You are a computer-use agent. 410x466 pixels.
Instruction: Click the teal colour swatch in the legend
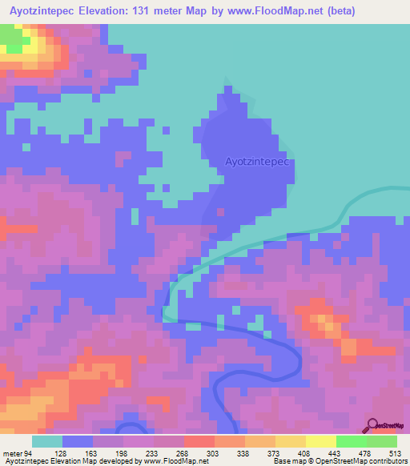click(x=47, y=441)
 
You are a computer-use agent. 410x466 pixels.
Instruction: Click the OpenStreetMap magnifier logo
click(x=373, y=424)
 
